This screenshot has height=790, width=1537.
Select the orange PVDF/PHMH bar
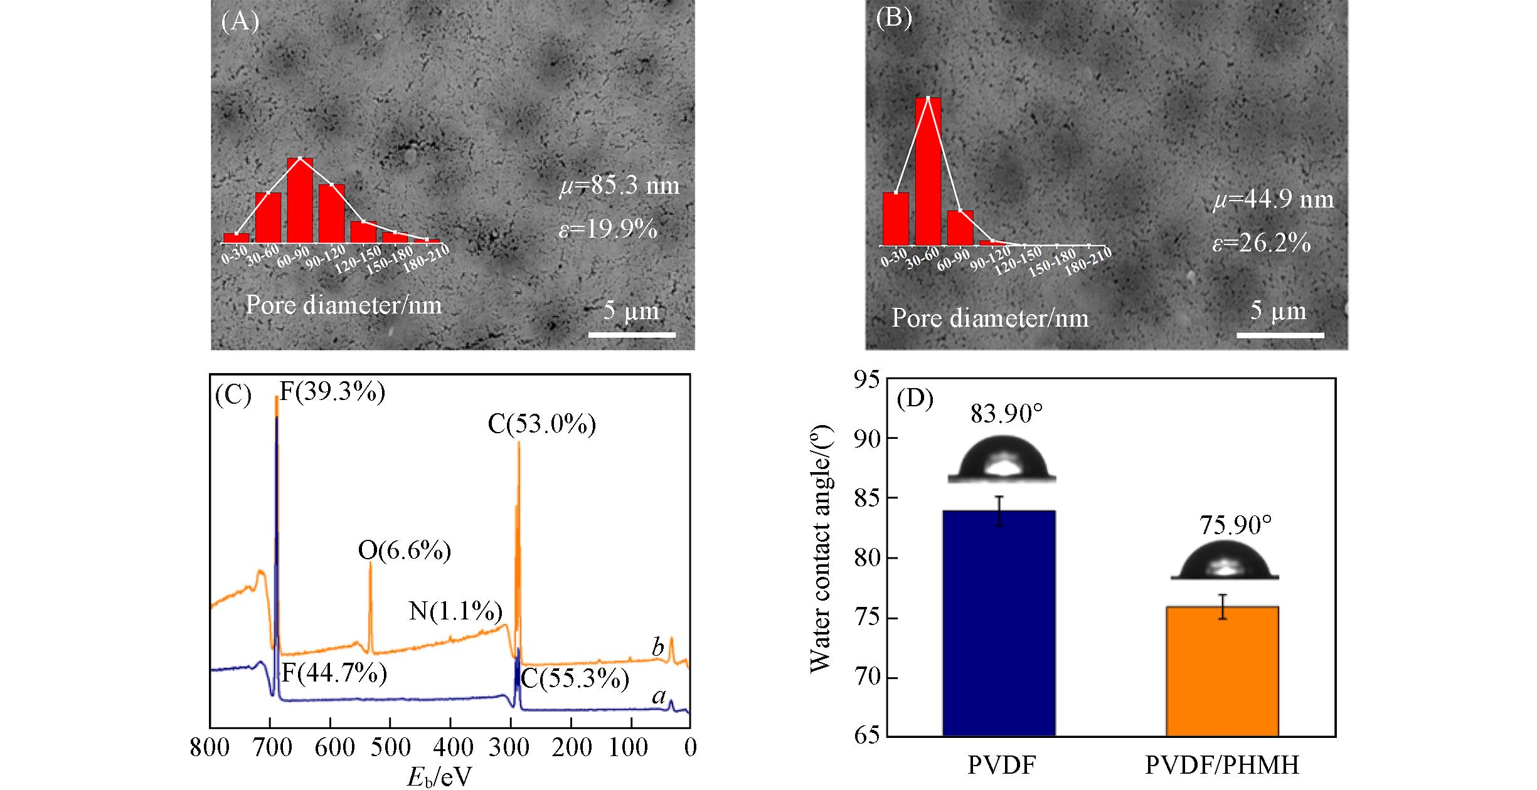(1222, 671)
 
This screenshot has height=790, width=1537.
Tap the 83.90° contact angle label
(1006, 414)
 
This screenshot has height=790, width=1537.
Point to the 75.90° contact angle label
(1235, 525)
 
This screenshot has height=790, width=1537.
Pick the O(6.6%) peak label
(404, 550)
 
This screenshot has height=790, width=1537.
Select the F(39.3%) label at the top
(332, 392)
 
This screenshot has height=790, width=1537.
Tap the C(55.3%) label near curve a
(575, 679)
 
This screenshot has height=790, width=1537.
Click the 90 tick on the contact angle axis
(867, 438)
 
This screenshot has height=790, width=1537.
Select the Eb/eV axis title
(439, 777)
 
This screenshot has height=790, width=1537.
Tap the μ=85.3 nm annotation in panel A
(619, 186)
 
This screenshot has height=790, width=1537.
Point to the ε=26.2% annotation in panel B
(1261, 243)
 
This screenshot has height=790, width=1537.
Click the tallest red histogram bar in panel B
(928, 171)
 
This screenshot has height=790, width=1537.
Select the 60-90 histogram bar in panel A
(300, 200)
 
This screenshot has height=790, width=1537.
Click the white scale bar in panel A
(632, 335)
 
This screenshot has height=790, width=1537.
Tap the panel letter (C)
(233, 396)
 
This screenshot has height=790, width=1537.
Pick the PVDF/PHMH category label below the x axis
(1221, 765)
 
